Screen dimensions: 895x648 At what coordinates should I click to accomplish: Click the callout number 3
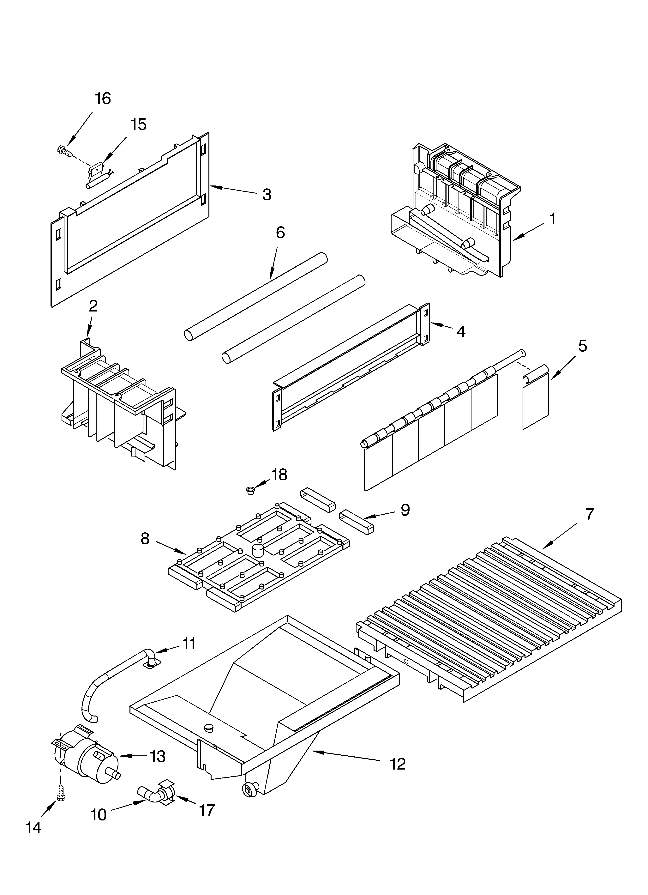[x=267, y=195]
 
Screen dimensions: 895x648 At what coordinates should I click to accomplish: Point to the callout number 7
[x=589, y=514]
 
